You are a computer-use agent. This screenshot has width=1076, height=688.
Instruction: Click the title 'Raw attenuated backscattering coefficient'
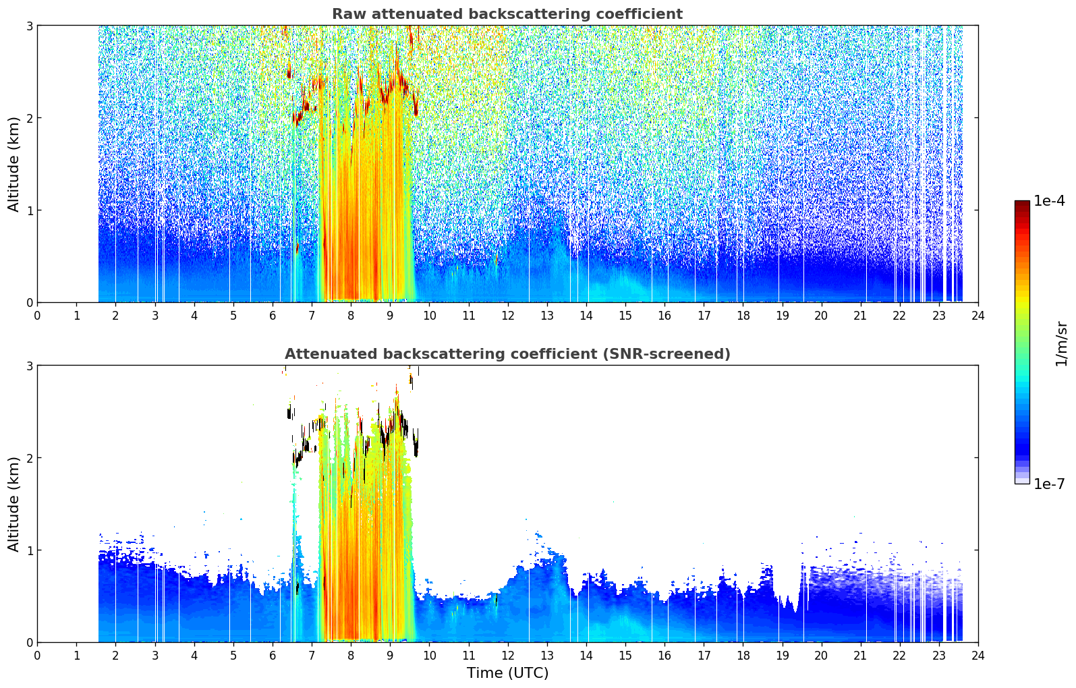[507, 14]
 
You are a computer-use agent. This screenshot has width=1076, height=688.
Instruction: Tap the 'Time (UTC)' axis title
[507, 672]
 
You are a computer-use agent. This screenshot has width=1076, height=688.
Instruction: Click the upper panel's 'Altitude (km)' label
[13, 164]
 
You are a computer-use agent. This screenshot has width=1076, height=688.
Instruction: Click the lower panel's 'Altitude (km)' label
[13, 504]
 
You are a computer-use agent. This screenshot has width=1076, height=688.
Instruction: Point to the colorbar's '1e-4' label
[1049, 201]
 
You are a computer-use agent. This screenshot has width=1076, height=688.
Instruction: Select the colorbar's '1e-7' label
[1049, 484]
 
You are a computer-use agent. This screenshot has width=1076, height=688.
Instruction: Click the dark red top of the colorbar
[1022, 204]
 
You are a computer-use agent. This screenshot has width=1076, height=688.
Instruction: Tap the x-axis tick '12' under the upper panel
[508, 316]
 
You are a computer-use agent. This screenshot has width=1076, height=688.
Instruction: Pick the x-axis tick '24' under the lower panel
[978, 656]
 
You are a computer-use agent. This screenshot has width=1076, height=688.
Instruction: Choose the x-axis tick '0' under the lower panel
[38, 656]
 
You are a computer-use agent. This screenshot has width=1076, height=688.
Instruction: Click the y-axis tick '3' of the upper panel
[29, 26]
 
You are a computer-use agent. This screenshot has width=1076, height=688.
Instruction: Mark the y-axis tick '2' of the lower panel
[29, 458]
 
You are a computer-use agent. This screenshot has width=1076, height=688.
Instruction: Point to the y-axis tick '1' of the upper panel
[29, 210]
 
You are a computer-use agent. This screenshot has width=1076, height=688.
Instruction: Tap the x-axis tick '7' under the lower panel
[312, 656]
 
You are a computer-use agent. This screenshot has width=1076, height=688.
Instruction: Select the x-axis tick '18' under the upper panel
[743, 316]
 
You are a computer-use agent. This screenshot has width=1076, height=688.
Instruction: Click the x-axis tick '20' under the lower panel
[822, 656]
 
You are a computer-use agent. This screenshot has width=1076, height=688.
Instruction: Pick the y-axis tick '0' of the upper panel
[29, 303]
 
